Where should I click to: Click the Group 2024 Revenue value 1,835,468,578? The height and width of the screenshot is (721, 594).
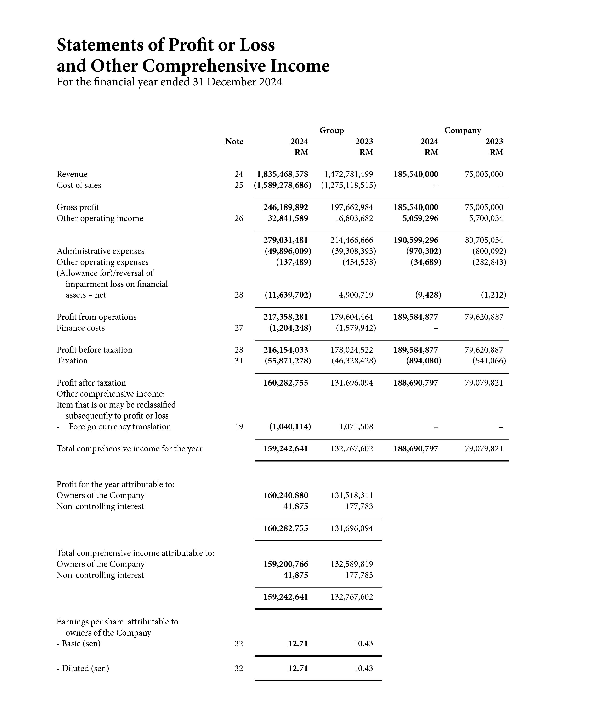pyautogui.click(x=282, y=174)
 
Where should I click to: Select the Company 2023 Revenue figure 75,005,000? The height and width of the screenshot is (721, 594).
pyautogui.click(x=484, y=174)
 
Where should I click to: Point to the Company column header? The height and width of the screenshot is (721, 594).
pyautogui.click(x=462, y=130)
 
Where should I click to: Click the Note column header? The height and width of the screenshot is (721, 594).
pyautogui.click(x=234, y=141)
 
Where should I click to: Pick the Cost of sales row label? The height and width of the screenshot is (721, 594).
pyautogui.click(x=79, y=185)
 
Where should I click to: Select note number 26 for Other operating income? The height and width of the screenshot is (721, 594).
pyautogui.click(x=239, y=218)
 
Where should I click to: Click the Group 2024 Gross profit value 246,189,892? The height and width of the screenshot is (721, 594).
pyautogui.click(x=286, y=207)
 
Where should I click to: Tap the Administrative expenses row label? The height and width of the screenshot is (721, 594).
pyautogui.click(x=101, y=251)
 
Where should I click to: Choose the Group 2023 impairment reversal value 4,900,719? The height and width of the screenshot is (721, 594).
pyautogui.click(x=356, y=295)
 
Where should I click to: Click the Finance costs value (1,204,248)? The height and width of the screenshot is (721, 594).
pyautogui.click(x=290, y=328)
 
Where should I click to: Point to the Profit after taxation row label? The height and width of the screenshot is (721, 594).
pyautogui.click(x=91, y=383)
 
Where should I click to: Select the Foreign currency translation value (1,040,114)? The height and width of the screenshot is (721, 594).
pyautogui.click(x=290, y=427)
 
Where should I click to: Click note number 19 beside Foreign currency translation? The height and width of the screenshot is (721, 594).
pyautogui.click(x=239, y=427)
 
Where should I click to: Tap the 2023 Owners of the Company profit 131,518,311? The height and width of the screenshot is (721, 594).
pyautogui.click(x=352, y=495)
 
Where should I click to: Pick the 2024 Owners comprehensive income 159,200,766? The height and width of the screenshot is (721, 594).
pyautogui.click(x=286, y=564)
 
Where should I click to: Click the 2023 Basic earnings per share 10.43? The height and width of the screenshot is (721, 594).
pyautogui.click(x=363, y=644)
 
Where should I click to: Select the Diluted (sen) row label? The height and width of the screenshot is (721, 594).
pyautogui.click(x=83, y=668)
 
